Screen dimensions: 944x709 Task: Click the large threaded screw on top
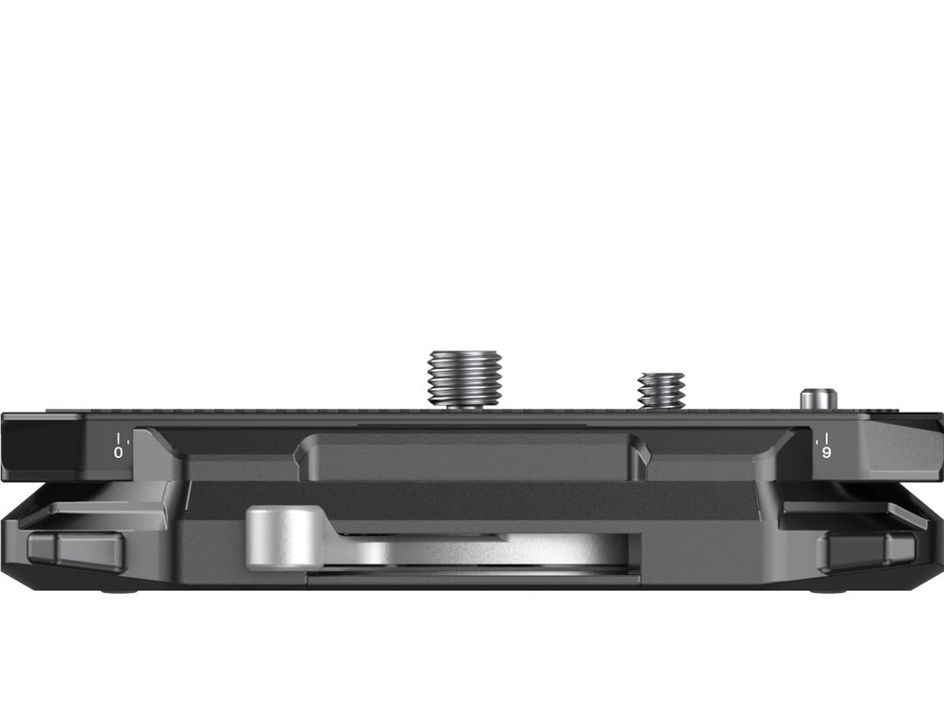[464, 379]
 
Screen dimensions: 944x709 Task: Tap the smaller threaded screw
[661, 391]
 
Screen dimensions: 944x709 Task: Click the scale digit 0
[118, 452]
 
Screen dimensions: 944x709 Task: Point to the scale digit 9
[827, 452]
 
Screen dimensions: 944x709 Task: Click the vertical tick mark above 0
[119, 437]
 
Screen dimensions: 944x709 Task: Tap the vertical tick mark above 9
[828, 437]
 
